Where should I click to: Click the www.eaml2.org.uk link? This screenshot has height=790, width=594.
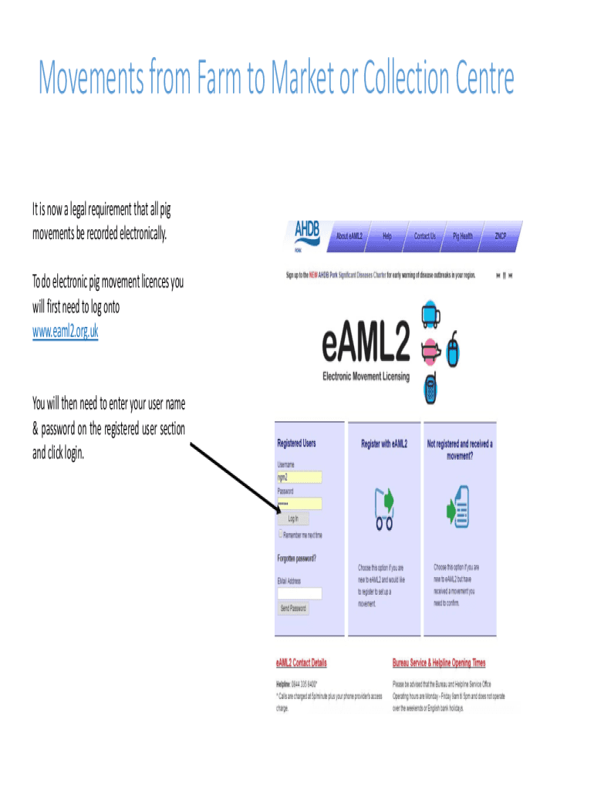pyautogui.click(x=65, y=332)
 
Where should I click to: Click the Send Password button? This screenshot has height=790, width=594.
pyautogui.click(x=293, y=608)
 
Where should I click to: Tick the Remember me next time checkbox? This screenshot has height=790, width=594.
pyautogui.click(x=281, y=534)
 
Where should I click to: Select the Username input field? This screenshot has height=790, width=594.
pyautogui.click(x=299, y=477)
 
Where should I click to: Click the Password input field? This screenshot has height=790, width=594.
pyautogui.click(x=299, y=503)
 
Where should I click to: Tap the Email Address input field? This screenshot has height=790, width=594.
pyautogui.click(x=299, y=593)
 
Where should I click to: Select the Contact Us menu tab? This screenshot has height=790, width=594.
pyautogui.click(x=424, y=236)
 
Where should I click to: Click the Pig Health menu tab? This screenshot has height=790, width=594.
pyautogui.click(x=463, y=236)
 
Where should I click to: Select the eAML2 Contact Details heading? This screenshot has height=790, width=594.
pyautogui.click(x=301, y=663)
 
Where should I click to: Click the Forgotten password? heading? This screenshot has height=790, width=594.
pyautogui.click(x=297, y=558)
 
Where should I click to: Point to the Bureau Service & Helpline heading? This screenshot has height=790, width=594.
pyautogui.click(x=439, y=663)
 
